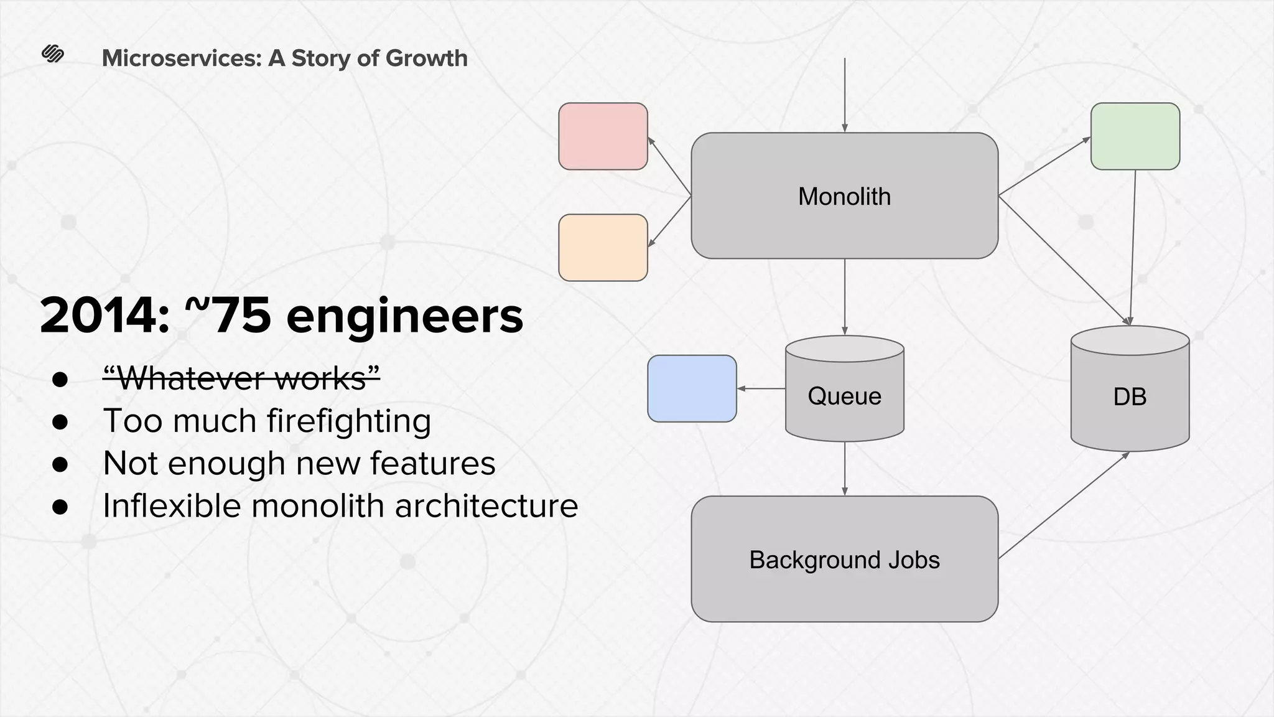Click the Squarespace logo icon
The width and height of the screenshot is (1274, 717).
point(53,54)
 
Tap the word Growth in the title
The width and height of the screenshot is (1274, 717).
point(426,58)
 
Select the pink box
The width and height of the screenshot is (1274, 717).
point(603,136)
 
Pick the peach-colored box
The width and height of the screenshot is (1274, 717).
point(603,248)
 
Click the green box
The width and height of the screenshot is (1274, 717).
point(1135,136)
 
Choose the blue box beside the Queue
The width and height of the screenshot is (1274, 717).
point(692,388)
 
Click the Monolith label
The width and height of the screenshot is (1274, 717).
point(844,197)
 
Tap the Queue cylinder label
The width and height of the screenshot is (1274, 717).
point(844,396)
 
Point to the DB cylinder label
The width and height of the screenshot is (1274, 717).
point(1130,396)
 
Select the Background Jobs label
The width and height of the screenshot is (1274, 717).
point(844,560)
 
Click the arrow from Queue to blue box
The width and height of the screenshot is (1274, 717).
point(761,388)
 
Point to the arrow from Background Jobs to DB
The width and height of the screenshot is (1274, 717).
point(1064,505)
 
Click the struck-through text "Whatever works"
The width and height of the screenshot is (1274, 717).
point(241,378)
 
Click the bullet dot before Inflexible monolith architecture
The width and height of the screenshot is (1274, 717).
point(60,506)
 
